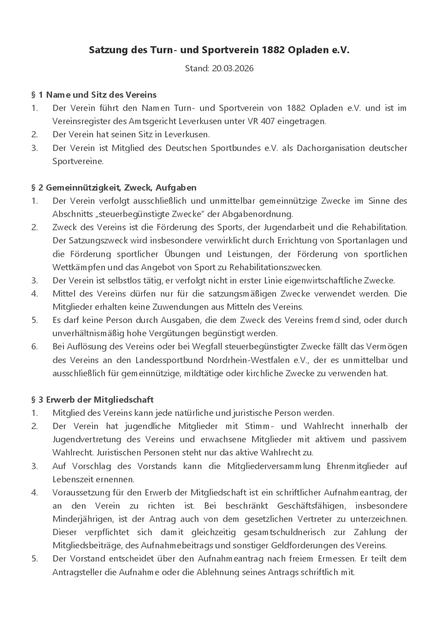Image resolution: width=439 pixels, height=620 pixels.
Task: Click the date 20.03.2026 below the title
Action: (233, 69)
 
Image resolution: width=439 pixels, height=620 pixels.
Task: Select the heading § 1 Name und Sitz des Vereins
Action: (94, 94)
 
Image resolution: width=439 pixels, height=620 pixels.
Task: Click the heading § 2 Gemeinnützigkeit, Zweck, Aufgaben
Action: (114, 187)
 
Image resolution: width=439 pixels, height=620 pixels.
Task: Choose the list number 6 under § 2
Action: (34, 347)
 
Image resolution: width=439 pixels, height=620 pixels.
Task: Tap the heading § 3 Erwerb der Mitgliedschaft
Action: (92, 399)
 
